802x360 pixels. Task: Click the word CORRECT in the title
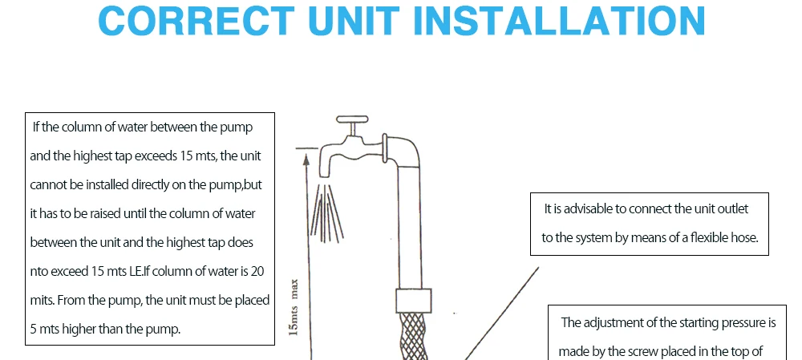(x=196, y=21)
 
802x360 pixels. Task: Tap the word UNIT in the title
(x=354, y=21)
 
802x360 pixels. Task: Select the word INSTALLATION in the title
(x=559, y=21)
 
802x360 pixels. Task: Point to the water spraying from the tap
(x=326, y=212)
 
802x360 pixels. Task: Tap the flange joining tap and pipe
(x=385, y=148)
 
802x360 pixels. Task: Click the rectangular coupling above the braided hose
(x=413, y=300)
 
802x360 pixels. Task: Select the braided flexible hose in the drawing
(x=413, y=337)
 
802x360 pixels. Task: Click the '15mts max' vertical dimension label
(x=294, y=307)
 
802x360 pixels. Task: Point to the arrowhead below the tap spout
(x=307, y=160)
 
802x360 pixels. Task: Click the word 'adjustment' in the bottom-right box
(x=613, y=323)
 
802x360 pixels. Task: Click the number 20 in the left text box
(x=257, y=271)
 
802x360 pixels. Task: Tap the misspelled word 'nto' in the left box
(x=38, y=272)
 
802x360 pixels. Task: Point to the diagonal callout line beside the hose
(x=502, y=313)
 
